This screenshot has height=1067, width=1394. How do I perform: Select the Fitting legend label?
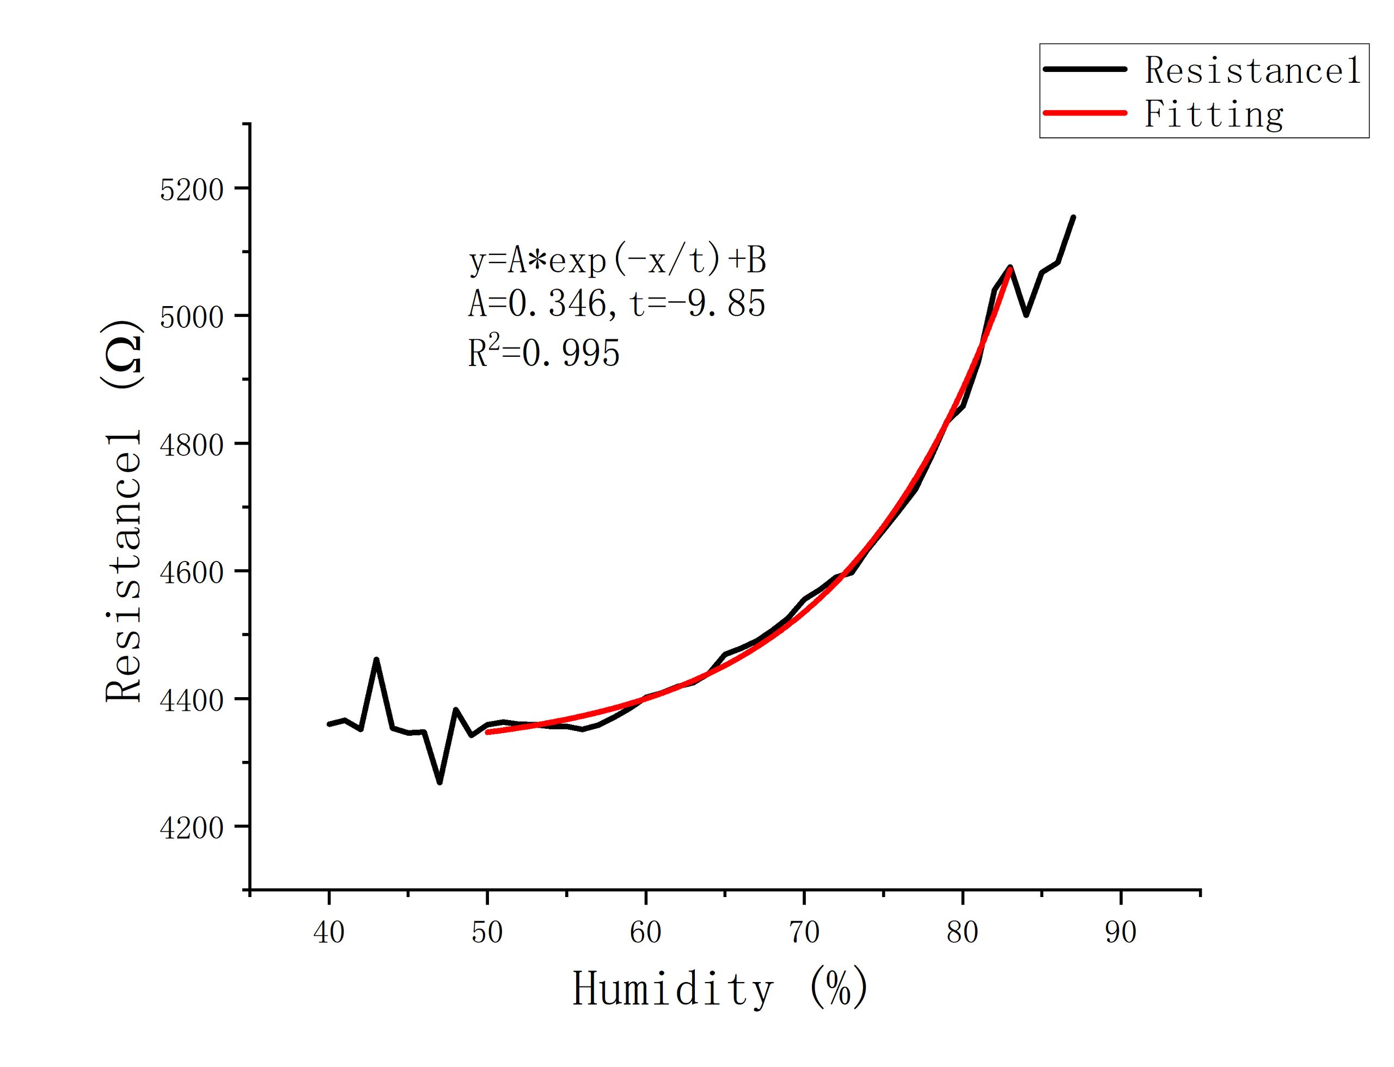point(1214,115)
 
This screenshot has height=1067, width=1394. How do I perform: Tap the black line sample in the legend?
point(1085,69)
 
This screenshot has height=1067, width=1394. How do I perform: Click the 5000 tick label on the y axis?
point(192,317)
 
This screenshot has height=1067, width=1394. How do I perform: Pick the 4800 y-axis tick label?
point(192,444)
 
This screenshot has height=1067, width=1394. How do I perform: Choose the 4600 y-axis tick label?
point(192,572)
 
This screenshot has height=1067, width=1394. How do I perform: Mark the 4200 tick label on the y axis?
point(192,827)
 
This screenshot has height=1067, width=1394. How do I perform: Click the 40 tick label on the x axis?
point(329,932)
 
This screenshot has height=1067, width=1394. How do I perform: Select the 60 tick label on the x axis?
point(646,932)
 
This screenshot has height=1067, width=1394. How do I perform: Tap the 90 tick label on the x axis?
point(1121,932)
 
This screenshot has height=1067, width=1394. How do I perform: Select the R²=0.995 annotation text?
point(544,352)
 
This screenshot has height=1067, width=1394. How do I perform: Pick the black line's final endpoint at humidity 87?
point(1073,217)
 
